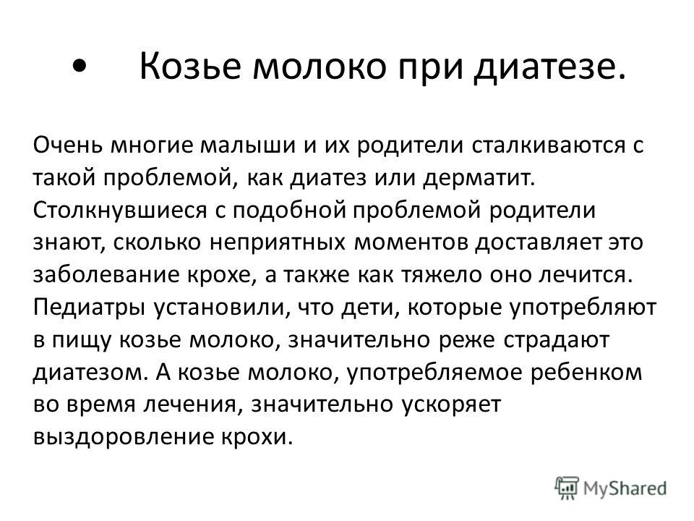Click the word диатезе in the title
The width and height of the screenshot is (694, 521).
pyautogui.click(x=549, y=67)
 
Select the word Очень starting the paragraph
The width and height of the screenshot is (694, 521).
pyautogui.click(x=68, y=145)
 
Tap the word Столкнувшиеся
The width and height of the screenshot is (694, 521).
pyautogui.click(x=120, y=210)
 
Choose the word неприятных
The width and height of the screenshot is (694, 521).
pyautogui.click(x=277, y=243)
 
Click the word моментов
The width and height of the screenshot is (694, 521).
pyautogui.click(x=411, y=242)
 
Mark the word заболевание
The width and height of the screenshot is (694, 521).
pyautogui.click(x=106, y=275)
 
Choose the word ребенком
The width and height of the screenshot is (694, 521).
pyautogui.click(x=586, y=373)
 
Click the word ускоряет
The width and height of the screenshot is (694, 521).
pyautogui.click(x=450, y=405)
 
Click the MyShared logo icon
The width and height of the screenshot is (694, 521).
pyautogui.click(x=567, y=488)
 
